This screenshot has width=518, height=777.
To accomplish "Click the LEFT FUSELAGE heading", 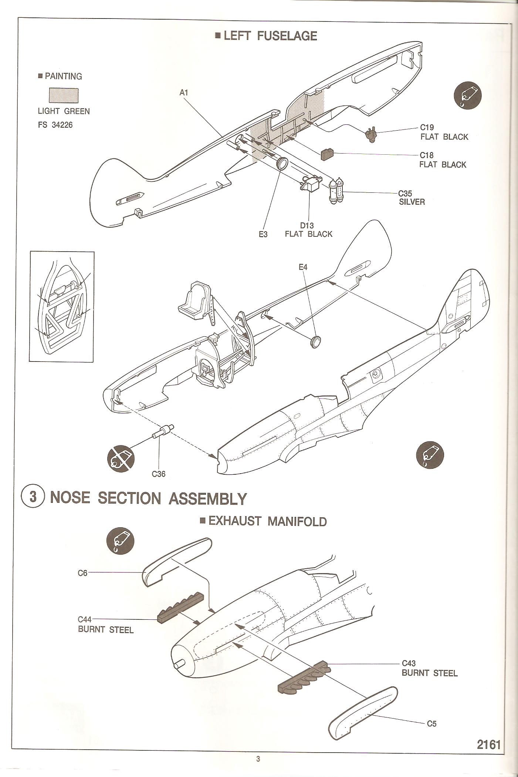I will (x=266, y=36).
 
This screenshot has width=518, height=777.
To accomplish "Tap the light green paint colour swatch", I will (x=64, y=95).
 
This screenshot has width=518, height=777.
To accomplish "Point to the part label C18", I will (x=426, y=155).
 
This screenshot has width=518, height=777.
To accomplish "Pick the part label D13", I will (x=307, y=225).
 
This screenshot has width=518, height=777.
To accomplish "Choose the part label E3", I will (x=263, y=234).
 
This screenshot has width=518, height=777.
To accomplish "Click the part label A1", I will (x=184, y=92).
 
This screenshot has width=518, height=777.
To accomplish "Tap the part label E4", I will (x=303, y=267).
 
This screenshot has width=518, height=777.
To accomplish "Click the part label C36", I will (x=159, y=474).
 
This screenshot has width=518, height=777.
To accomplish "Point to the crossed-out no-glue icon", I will (x=121, y=458).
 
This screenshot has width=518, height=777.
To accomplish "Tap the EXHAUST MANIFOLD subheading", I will (x=263, y=521).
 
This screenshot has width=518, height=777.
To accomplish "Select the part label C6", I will (x=82, y=573).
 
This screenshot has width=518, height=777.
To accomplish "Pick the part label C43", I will (x=409, y=663).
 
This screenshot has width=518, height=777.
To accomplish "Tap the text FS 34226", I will (x=55, y=125).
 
